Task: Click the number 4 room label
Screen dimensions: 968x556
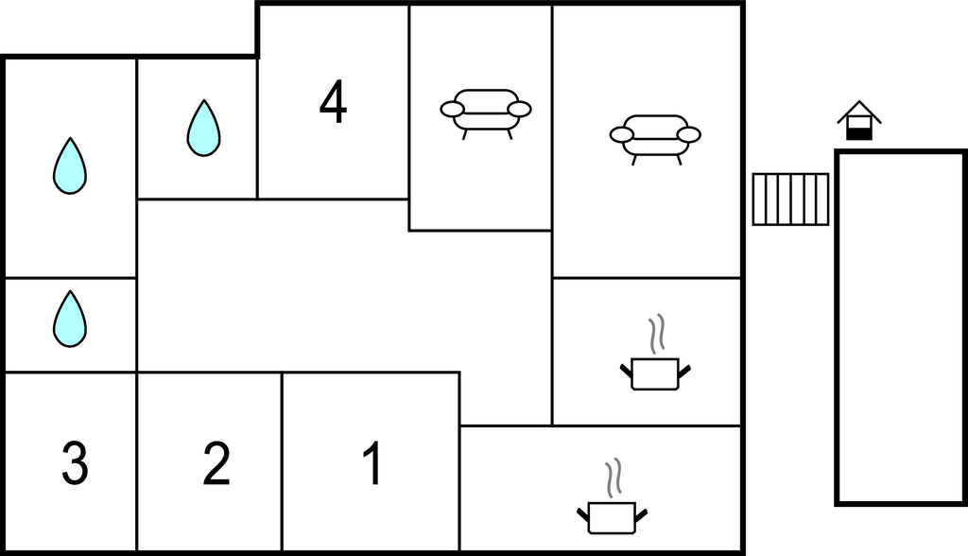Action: coord(333,103)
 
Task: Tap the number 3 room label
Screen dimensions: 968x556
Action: coord(75,462)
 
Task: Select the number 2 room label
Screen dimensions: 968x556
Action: coord(216,462)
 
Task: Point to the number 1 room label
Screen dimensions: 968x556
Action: coord(372,462)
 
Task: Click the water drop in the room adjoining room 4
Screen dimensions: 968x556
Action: coord(204,128)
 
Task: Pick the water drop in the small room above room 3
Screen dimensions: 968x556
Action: coord(70,319)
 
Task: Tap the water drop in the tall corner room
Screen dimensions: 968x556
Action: coord(70,165)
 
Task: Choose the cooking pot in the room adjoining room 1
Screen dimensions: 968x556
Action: coord(612,517)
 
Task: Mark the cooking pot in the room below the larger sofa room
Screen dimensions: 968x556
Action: coord(655,374)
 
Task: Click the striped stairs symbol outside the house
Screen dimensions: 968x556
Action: coord(790,199)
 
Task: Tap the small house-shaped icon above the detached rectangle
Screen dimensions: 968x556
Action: coord(858,120)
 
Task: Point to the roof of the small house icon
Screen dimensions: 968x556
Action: coord(858,112)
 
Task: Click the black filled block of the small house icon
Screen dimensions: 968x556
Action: coord(858,134)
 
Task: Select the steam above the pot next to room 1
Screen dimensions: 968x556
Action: coord(613,478)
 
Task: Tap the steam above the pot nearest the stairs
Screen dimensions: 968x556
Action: coord(657,334)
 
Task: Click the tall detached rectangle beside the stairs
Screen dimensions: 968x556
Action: coord(901,327)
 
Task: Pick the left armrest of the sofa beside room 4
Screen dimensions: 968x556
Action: coord(452,110)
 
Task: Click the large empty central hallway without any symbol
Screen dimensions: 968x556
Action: coord(343,286)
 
